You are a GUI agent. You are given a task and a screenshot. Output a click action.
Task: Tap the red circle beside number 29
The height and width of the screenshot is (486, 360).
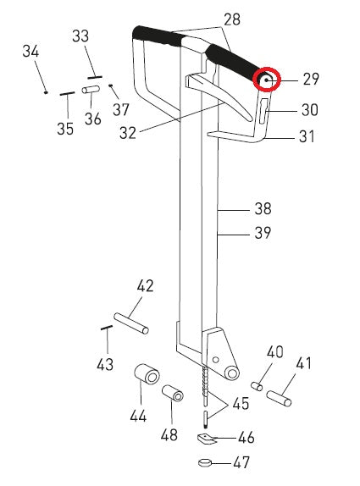point(269,80)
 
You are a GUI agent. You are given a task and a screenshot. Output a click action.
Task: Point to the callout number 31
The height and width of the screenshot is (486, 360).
point(307,137)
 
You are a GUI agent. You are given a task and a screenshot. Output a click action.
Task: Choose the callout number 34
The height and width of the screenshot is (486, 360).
point(30,52)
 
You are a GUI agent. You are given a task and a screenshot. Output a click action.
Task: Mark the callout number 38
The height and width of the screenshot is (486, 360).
point(265,207)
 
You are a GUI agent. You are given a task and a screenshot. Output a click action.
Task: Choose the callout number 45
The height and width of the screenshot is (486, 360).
point(241,404)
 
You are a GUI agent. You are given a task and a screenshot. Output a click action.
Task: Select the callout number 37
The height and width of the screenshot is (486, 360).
point(120,109)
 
